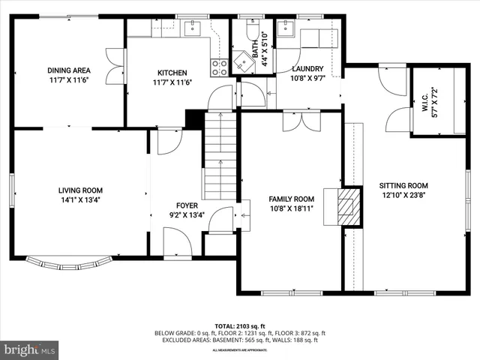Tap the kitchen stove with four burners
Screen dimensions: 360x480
point(220,68)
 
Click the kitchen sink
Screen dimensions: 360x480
point(191,28)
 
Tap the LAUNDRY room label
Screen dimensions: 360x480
point(307,70)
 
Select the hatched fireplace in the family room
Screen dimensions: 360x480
point(349,206)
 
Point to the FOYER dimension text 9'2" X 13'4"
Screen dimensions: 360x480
point(187,215)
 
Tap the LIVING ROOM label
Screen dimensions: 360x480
point(81,190)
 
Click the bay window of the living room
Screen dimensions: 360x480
point(69,262)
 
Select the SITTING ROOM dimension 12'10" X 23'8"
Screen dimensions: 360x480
point(403,196)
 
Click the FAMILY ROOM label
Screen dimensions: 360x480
point(291,199)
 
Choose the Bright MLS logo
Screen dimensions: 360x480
point(30,349)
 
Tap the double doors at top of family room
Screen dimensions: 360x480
point(303,122)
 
